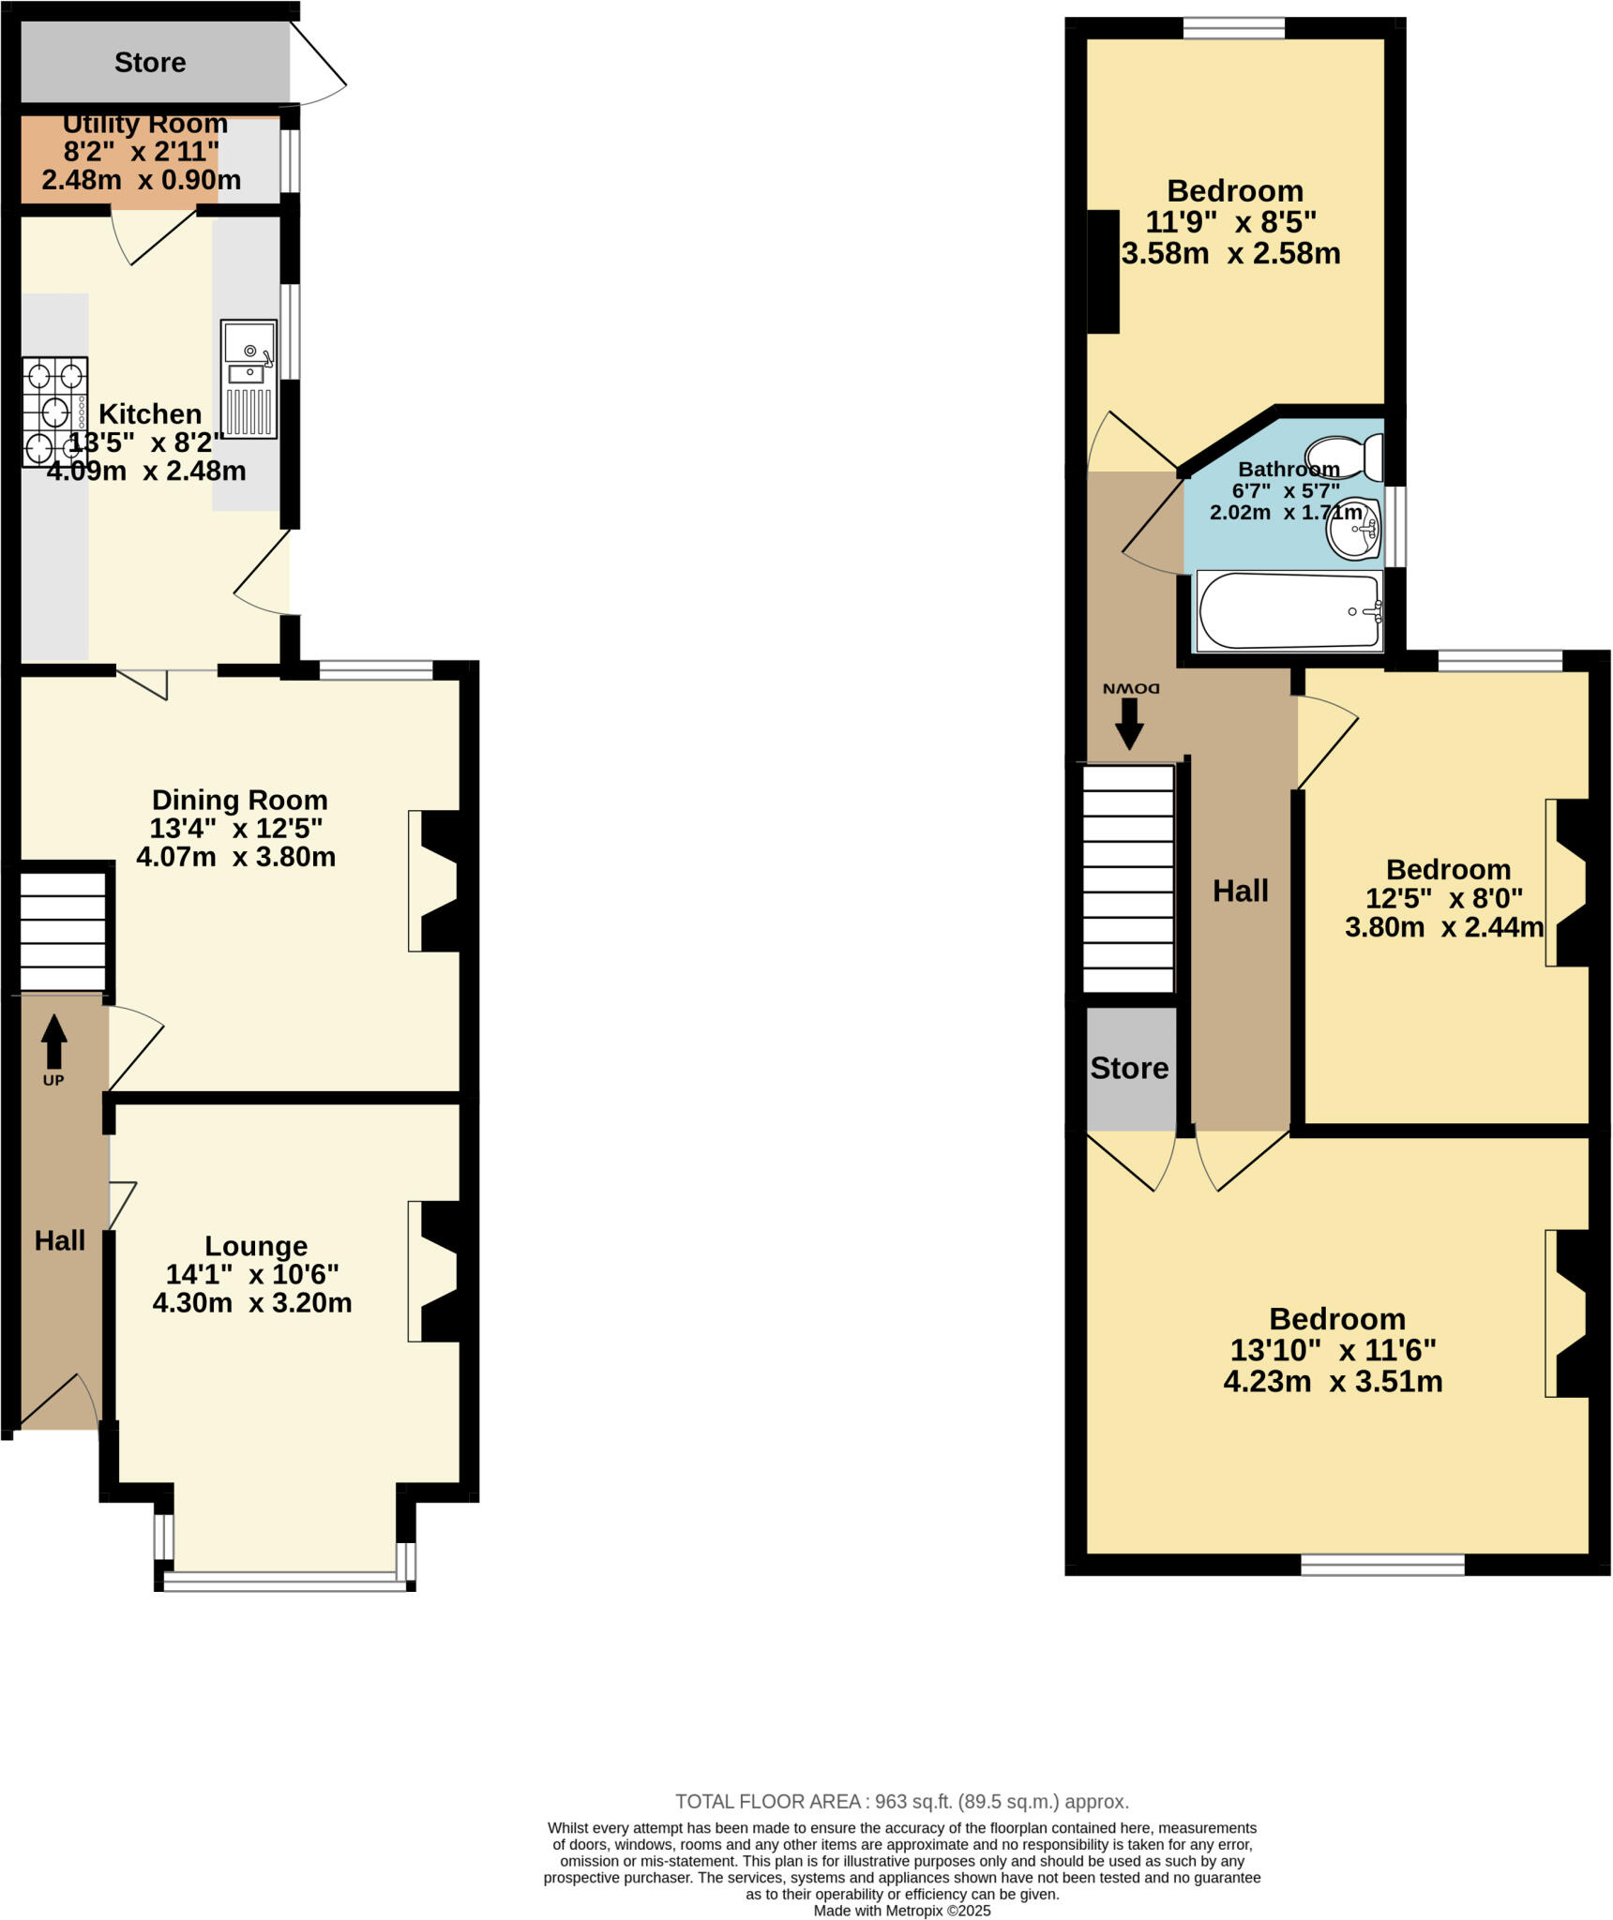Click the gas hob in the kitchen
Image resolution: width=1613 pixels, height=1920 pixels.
click(x=55, y=412)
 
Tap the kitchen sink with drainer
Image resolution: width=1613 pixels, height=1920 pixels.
click(x=249, y=379)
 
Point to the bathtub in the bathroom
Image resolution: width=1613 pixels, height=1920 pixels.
click(x=1289, y=611)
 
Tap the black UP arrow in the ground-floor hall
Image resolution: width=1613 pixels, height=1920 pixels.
click(x=54, y=1041)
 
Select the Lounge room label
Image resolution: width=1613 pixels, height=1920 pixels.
click(x=256, y=1246)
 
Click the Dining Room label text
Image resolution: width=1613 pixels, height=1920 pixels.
click(x=240, y=800)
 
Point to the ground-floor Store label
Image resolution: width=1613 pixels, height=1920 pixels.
click(x=150, y=62)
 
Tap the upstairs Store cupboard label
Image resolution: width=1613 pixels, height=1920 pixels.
click(x=1129, y=1068)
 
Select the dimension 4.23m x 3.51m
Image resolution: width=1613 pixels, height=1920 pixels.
click(x=1333, y=1381)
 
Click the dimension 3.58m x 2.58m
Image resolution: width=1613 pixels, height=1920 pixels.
click(x=1231, y=253)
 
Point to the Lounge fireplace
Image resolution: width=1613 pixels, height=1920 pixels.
click(x=437, y=1271)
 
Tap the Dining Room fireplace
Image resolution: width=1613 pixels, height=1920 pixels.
click(x=437, y=880)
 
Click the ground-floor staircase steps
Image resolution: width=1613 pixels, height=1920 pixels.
click(x=63, y=932)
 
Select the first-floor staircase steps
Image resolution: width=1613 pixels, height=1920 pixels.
click(x=1129, y=877)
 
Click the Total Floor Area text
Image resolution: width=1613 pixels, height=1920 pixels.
click(x=902, y=1801)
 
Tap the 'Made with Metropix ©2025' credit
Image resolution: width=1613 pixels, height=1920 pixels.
click(x=902, y=1911)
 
